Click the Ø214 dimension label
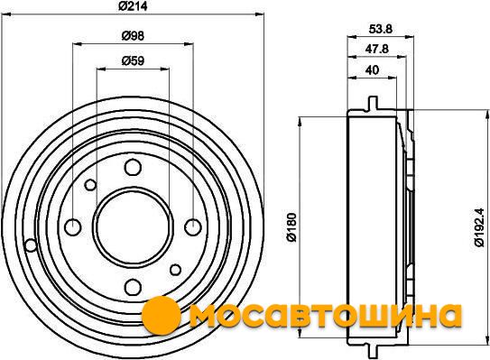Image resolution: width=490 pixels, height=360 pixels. coord(133,6)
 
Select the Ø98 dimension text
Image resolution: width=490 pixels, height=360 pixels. coord(133,36)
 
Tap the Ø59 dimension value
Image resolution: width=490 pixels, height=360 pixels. coord(133,60)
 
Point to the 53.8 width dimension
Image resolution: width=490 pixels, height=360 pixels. coord(380,29)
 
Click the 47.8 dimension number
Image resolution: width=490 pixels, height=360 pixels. coord(377,49)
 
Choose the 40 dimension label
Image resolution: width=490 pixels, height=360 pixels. coord(372,69)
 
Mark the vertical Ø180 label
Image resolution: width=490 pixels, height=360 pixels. coord(291,227)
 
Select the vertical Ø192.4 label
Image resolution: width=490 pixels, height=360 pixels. coord(479,227)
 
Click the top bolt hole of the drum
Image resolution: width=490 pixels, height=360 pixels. coord(133,167)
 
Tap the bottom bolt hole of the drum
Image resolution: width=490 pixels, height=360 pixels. coord(133,287)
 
